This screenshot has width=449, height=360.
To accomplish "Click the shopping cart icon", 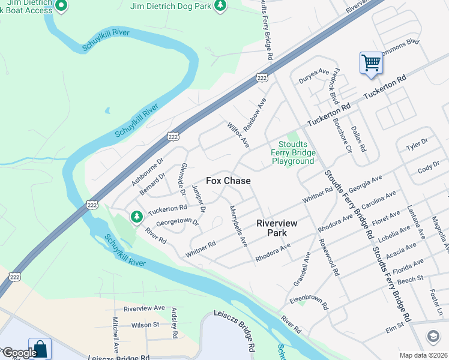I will coord(371,62).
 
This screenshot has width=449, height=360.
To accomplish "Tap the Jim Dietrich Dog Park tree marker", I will coord(221,6).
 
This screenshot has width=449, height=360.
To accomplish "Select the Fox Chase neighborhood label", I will coord(228,181).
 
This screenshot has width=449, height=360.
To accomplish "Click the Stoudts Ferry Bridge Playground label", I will coord(293,152).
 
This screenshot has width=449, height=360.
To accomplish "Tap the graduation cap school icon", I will coord(433,337).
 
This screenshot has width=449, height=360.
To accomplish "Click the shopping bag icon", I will coord(40,349).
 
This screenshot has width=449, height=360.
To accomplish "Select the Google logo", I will coord(19,353).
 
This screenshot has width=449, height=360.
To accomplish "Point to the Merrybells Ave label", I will coord(239,226).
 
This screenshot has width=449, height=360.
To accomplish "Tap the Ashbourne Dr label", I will coord(148,172).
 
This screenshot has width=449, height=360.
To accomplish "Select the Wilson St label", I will coord(145,325).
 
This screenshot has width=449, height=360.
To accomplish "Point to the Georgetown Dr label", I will coord(177,221).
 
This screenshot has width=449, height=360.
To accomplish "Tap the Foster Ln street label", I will coord(436,304).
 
